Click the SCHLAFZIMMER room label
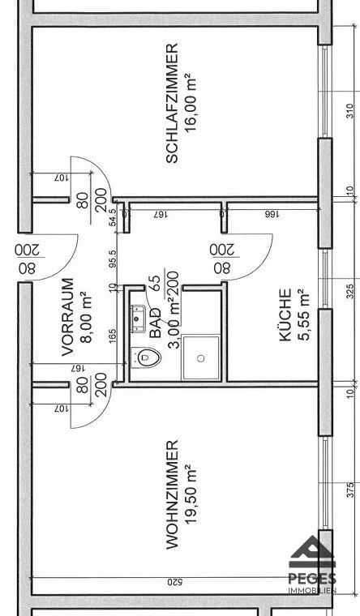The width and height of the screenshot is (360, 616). pyautogui.click(x=172, y=103)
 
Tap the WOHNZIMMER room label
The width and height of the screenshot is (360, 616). pyautogui.click(x=172, y=494)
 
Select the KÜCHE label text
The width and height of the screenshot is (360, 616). pyautogui.click(x=285, y=315)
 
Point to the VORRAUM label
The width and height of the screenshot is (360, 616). pyautogui.click(x=68, y=317)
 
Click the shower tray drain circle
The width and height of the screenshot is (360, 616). pyautogui.click(x=201, y=358)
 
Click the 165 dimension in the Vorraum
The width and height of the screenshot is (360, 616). pyautogui.click(x=113, y=336)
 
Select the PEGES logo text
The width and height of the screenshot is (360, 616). pyautogui.click(x=312, y=579)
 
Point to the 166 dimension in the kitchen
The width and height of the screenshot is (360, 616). pyautogui.click(x=272, y=215)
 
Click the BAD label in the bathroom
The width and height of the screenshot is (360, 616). pyautogui.click(x=156, y=323)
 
